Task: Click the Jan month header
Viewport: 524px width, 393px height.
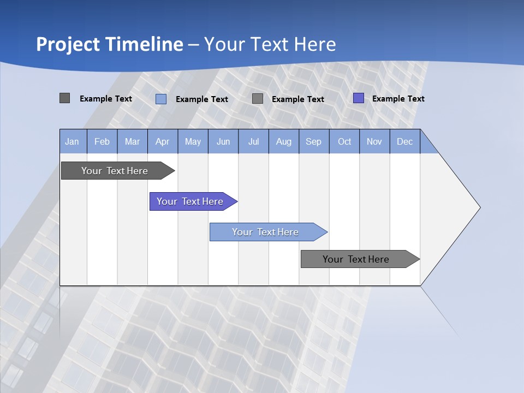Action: click(x=73, y=141)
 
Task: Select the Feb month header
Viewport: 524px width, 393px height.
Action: click(x=102, y=141)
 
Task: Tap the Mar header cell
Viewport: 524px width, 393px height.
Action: click(x=132, y=141)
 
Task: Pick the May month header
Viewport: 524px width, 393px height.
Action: click(x=193, y=141)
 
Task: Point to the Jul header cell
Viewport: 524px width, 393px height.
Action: click(x=253, y=141)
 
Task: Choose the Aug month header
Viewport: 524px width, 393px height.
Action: click(x=283, y=141)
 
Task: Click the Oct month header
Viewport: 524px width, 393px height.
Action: click(x=344, y=141)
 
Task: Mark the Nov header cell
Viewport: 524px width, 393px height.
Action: click(x=374, y=141)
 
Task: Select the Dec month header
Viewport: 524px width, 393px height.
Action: click(x=404, y=141)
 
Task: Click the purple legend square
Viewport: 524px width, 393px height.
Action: click(x=359, y=98)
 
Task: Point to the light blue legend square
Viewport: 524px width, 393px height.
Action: click(x=161, y=99)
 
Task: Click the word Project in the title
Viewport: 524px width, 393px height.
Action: click(x=68, y=44)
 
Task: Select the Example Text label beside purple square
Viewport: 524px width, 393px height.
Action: click(x=398, y=99)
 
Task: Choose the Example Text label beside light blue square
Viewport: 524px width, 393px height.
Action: click(x=201, y=99)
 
